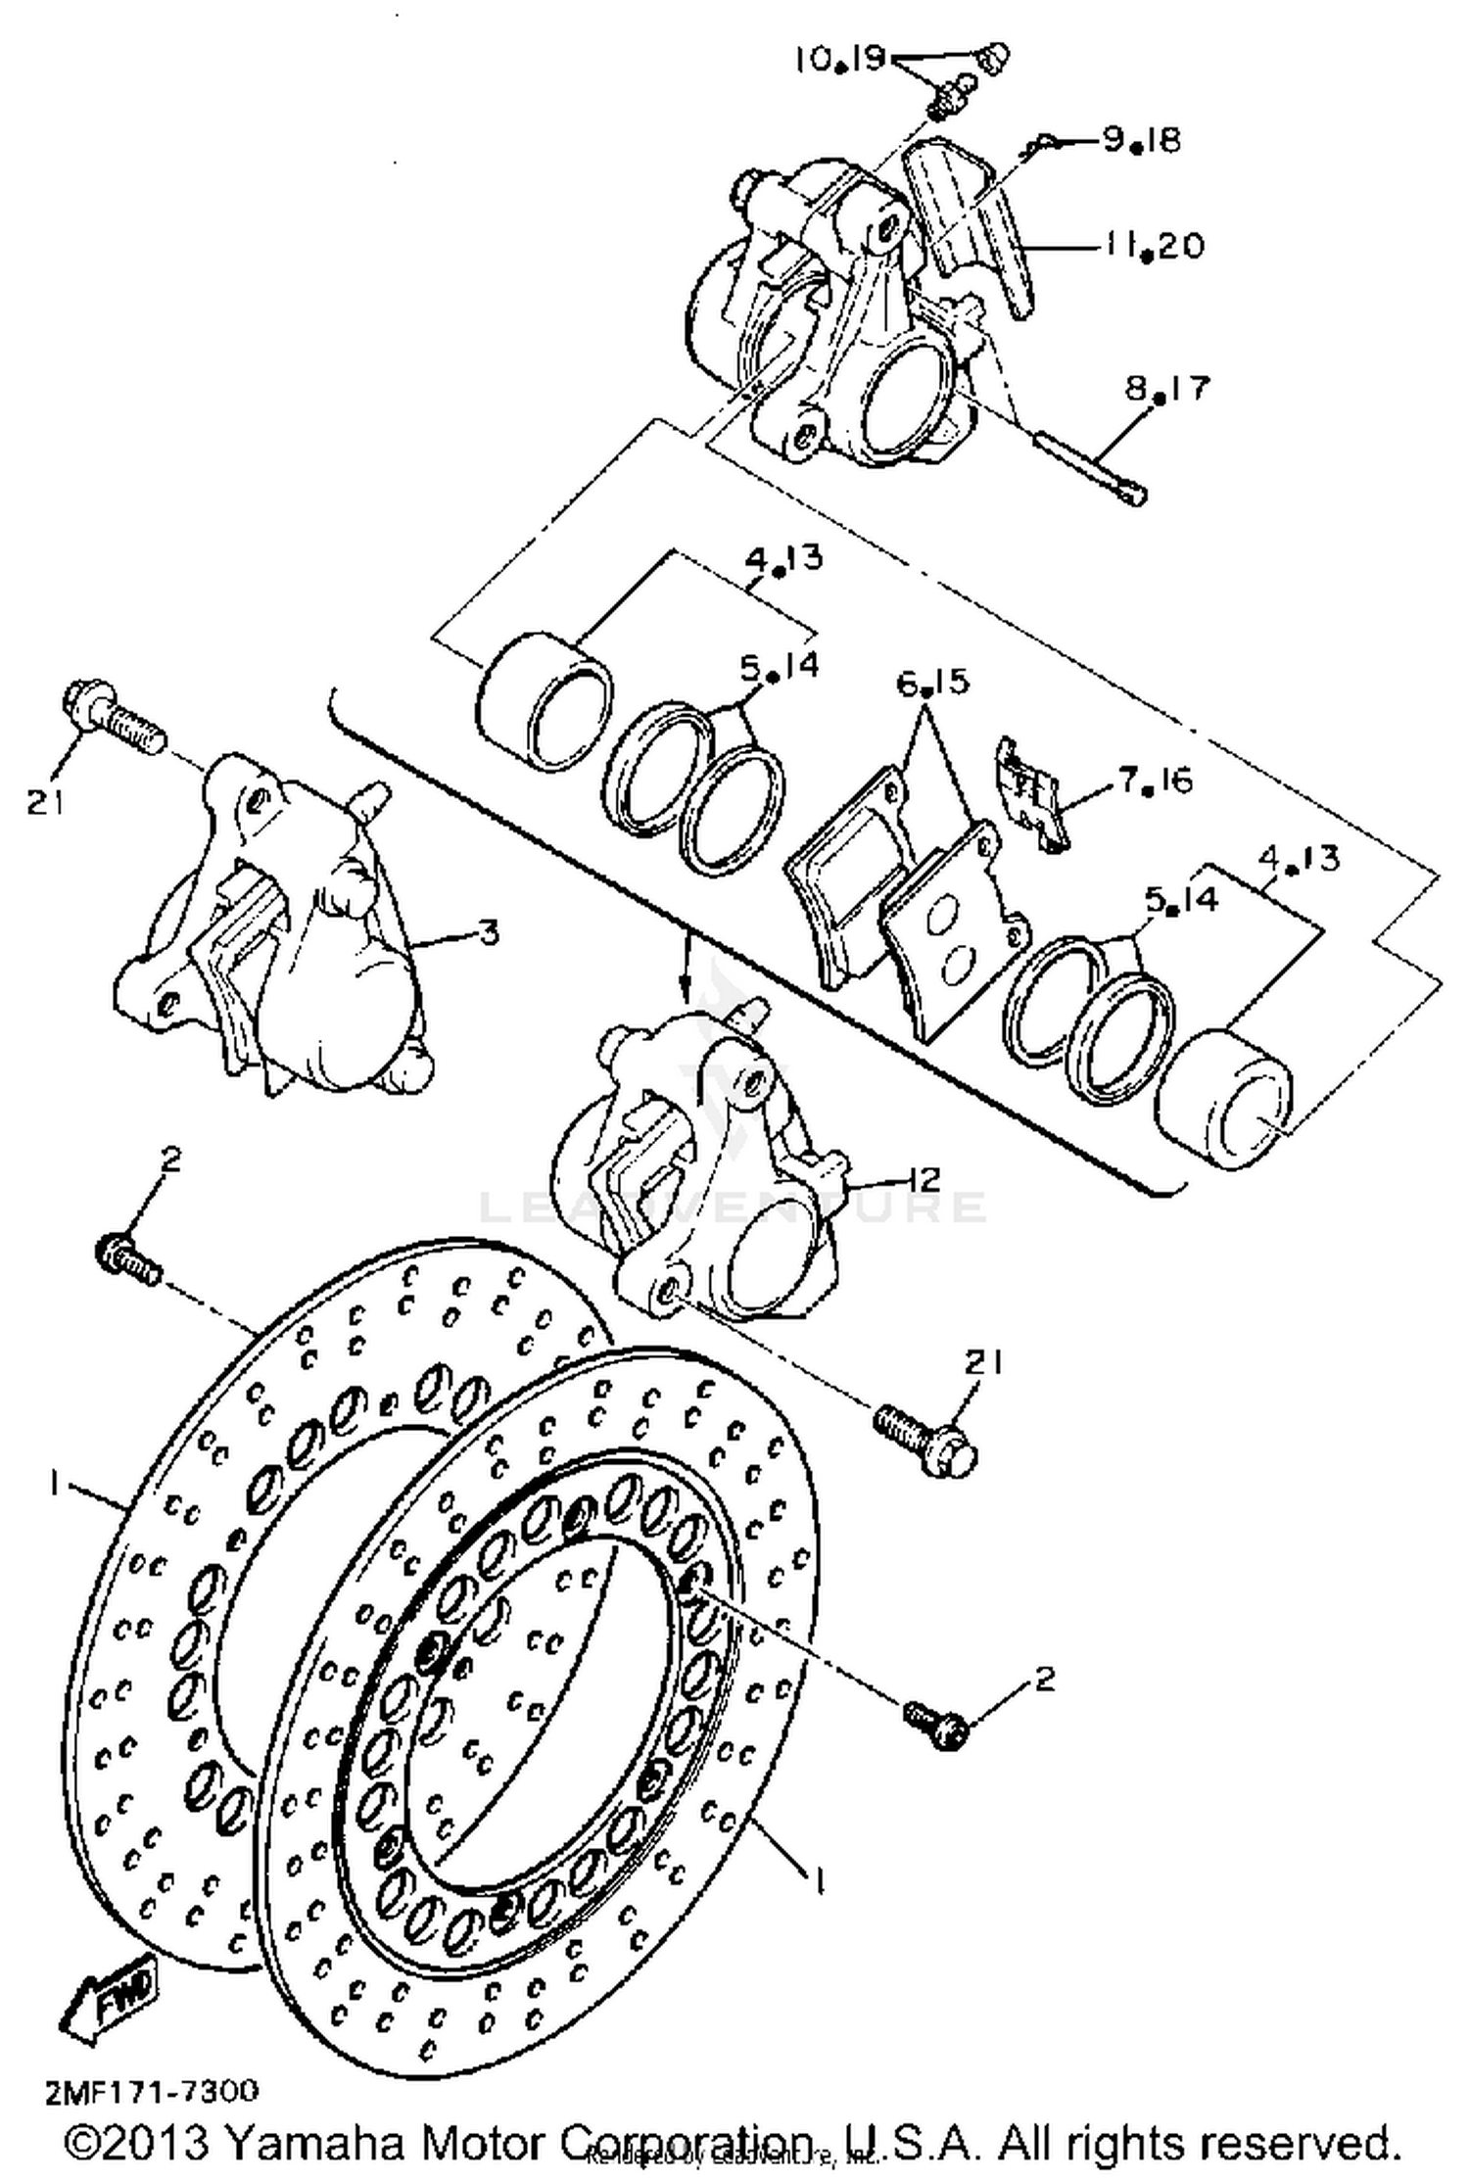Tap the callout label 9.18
(1142, 140)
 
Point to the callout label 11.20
(1154, 245)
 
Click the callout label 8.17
(1167, 390)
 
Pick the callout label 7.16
(1156, 782)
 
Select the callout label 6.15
(932, 682)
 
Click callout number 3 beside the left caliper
(488, 931)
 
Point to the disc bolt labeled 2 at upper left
(127, 1259)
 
